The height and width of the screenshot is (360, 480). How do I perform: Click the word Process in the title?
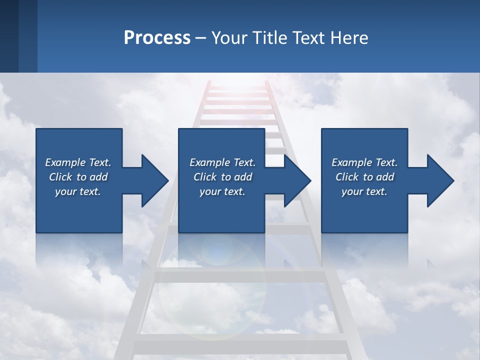tap(157, 38)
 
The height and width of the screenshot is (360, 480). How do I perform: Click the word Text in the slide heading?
tap(310, 38)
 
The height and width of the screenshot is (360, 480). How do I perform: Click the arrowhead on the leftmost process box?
tap(152, 180)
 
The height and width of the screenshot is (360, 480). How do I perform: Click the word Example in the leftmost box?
tap(65, 162)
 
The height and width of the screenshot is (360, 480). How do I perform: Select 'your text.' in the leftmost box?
tap(78, 191)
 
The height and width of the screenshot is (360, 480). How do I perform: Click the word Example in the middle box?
tap(209, 162)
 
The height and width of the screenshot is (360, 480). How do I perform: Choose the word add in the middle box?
tap(243, 177)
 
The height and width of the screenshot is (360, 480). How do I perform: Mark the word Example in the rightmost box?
tap(351, 162)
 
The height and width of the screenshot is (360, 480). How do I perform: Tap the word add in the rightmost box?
tap(385, 177)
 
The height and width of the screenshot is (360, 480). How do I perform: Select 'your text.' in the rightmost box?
tap(364, 191)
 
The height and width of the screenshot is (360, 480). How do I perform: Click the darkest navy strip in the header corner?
tap(9, 36)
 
